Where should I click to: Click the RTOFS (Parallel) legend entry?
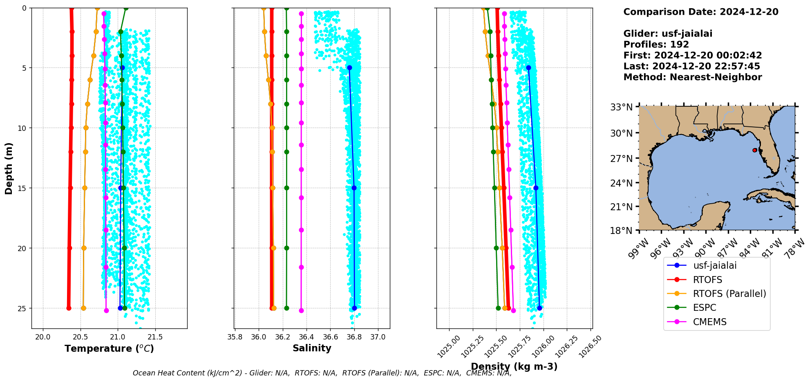(x=729, y=294)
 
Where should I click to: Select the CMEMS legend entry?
(x=709, y=322)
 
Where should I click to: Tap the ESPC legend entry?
(x=704, y=308)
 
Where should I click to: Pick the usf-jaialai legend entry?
(x=714, y=265)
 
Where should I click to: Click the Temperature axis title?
(x=109, y=348)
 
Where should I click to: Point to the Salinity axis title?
(x=312, y=348)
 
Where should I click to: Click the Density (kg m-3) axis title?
(x=514, y=366)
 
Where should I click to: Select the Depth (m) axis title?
(x=9, y=169)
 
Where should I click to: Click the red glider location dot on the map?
(x=754, y=150)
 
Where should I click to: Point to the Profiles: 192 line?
(x=656, y=45)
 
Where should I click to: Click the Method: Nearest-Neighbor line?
(x=692, y=77)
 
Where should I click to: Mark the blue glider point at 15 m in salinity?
(x=354, y=188)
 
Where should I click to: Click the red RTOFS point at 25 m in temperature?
(x=69, y=308)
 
